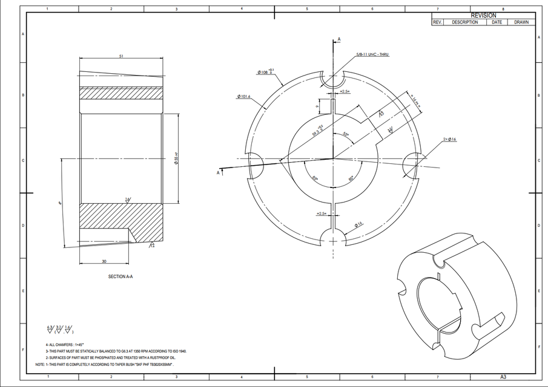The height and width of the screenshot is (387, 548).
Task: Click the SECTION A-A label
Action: pyautogui.click(x=120, y=276)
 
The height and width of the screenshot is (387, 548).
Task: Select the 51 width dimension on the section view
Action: pyautogui.click(x=121, y=56)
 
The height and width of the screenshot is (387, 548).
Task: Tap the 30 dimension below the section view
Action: pyautogui.click(x=104, y=261)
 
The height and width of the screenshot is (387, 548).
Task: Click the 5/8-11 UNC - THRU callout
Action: pyautogui.click(x=372, y=54)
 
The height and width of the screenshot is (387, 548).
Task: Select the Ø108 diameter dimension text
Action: pyautogui.click(x=265, y=72)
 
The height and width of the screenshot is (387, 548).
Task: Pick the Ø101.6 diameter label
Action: pyautogui.click(x=244, y=96)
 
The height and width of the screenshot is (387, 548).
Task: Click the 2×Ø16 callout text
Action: pyautogui.click(x=449, y=139)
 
